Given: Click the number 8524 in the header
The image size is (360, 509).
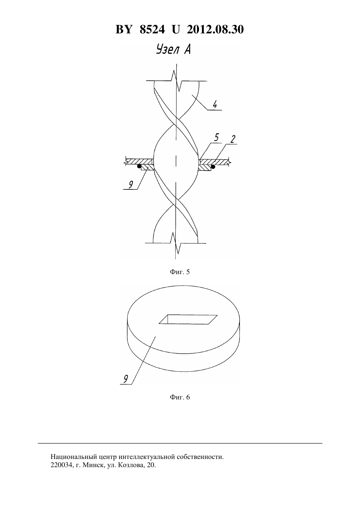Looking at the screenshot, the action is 152,29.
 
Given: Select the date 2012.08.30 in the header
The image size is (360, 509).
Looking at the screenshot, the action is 215,29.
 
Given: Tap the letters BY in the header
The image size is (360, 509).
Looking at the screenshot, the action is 124,29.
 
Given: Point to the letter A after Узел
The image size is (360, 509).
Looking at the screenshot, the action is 187,49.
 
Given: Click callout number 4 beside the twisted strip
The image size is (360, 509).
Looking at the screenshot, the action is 215,105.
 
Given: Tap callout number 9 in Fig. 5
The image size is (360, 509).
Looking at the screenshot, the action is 131,185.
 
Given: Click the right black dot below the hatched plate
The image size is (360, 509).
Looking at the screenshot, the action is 213,167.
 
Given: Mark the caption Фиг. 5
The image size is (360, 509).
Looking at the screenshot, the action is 180,272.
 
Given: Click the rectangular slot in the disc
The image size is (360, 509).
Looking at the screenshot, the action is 188,319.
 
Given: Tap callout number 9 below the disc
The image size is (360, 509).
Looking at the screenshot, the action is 126,379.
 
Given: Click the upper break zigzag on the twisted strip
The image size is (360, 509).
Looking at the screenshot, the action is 177,81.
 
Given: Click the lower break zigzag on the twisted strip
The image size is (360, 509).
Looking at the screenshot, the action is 176,243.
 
